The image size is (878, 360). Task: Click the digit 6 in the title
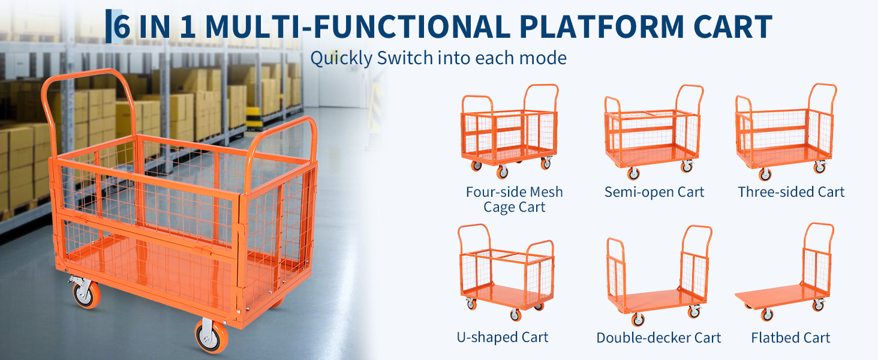[x=122, y=26]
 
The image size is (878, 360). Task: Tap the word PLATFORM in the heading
[x=602, y=26]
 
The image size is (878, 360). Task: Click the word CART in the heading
[x=733, y=26]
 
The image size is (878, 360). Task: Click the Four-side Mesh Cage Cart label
[x=514, y=199]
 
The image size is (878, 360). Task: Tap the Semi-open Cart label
[x=654, y=192]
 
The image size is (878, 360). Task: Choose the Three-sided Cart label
[x=791, y=192]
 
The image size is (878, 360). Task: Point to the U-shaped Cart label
[x=503, y=337]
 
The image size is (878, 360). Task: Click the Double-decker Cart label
[x=659, y=338]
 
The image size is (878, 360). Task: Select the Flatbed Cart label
[x=790, y=338]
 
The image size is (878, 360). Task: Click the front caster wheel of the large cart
[x=212, y=335]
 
